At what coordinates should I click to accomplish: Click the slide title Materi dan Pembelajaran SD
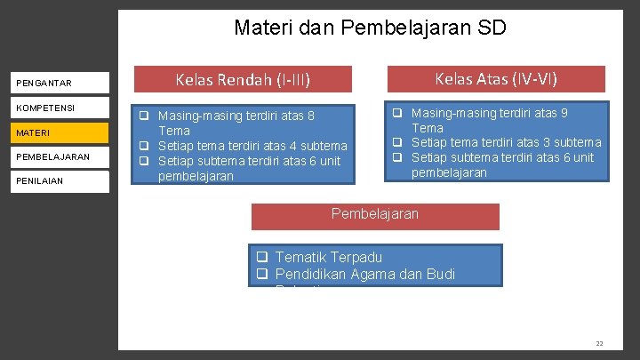click(x=370, y=28)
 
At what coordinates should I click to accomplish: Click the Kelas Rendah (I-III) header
click(x=243, y=80)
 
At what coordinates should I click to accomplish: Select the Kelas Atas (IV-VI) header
click(x=496, y=79)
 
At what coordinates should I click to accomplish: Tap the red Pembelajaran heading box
click(x=374, y=214)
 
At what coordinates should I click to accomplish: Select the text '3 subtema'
click(x=572, y=142)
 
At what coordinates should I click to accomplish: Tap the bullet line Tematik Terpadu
click(x=329, y=258)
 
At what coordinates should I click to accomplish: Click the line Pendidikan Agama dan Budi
click(x=365, y=275)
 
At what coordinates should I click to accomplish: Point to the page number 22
click(x=599, y=343)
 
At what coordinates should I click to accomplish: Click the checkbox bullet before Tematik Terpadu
click(x=262, y=258)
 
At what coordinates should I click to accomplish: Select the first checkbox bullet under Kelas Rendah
click(x=142, y=116)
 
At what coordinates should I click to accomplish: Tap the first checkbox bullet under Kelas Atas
click(x=398, y=113)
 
